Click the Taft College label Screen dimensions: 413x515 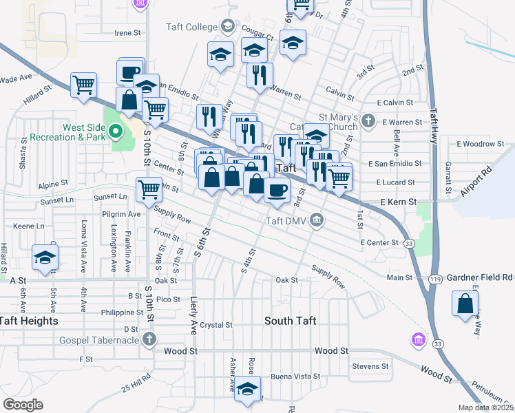click(191, 28)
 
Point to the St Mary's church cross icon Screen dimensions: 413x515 click(368, 122)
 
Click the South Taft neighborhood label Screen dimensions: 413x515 click(290, 321)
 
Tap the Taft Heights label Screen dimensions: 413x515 click(29, 321)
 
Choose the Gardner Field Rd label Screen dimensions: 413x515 click(480, 277)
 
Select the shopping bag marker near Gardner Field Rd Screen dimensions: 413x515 click(465, 303)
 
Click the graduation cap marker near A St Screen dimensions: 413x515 click(45, 257)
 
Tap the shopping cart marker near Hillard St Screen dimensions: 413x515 click(83, 85)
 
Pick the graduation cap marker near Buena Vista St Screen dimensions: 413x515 click(247, 390)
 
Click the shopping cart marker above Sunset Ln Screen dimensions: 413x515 click(149, 190)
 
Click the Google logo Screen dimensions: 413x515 click(23, 405)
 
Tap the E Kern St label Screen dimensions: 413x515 click(399, 202)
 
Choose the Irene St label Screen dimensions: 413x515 click(127, 32)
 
